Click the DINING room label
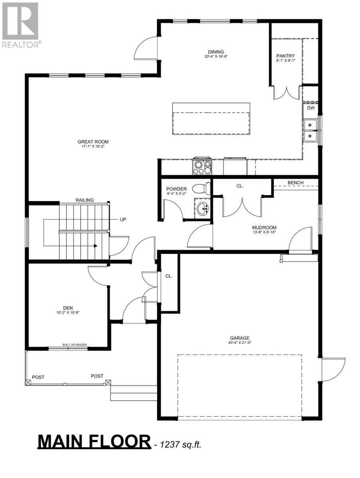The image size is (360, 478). point(216,52)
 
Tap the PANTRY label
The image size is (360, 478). point(285,56)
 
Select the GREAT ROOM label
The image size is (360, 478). point(93,142)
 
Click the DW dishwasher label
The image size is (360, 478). point(311,108)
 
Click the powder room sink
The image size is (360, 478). point(203,208)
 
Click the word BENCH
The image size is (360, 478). point(295,183)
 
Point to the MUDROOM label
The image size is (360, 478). point(264,228)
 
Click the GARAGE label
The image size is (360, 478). point(240,338)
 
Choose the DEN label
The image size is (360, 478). point(68,308)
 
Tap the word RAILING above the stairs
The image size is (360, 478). point(85,200)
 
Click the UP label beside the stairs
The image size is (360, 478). point(123,219)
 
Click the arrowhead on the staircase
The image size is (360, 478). point(95,246)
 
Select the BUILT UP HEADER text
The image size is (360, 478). point(75,345)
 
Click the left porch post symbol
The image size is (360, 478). point(28,383)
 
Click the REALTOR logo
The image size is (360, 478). point(21,25)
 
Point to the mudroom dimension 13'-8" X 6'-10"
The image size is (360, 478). point(264,232)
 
